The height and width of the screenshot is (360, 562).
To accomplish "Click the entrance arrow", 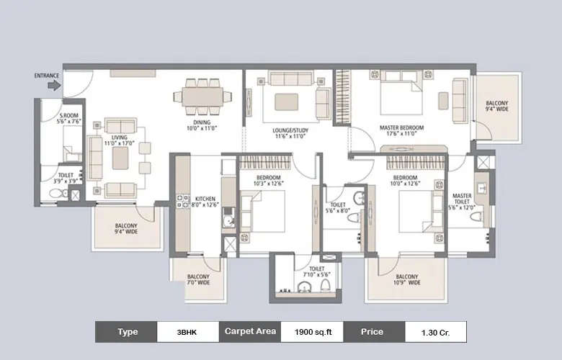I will click(54, 85).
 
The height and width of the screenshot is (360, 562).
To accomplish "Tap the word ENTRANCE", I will click(47, 75).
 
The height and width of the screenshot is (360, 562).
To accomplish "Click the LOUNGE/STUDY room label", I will click(290, 132).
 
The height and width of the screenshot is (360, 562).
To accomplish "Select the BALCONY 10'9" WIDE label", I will click(406, 280).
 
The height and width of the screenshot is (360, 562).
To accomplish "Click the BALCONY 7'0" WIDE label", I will click(198, 280).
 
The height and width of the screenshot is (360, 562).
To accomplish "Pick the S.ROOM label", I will click(69, 119).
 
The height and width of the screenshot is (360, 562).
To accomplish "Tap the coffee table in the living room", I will click(120, 158).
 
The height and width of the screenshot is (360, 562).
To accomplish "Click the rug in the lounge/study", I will click(286, 101).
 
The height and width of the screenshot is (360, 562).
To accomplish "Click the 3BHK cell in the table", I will click(189, 332).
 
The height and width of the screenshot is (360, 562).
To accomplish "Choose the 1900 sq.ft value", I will click(311, 332).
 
